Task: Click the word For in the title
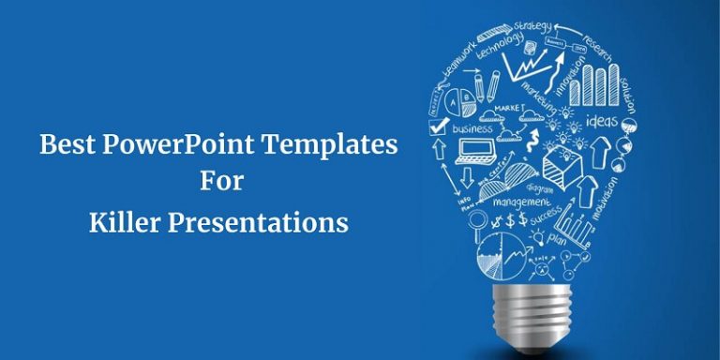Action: [x=221, y=182]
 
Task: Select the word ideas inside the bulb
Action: [x=601, y=122]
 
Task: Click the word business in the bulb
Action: [x=472, y=127]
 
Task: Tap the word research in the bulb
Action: [x=596, y=48]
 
